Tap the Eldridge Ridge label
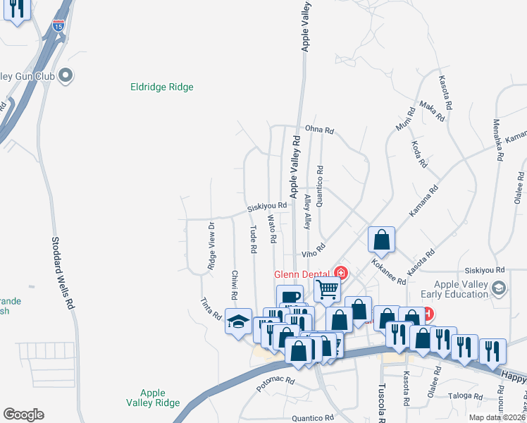pos(162,87)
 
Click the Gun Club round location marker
pos(66,75)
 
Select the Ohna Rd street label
pos(319,130)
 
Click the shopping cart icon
pos(328,288)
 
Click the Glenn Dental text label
pos(304,274)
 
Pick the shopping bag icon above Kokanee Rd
pos(381,239)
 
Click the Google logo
pos(23,415)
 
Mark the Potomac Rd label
pos(275,384)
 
